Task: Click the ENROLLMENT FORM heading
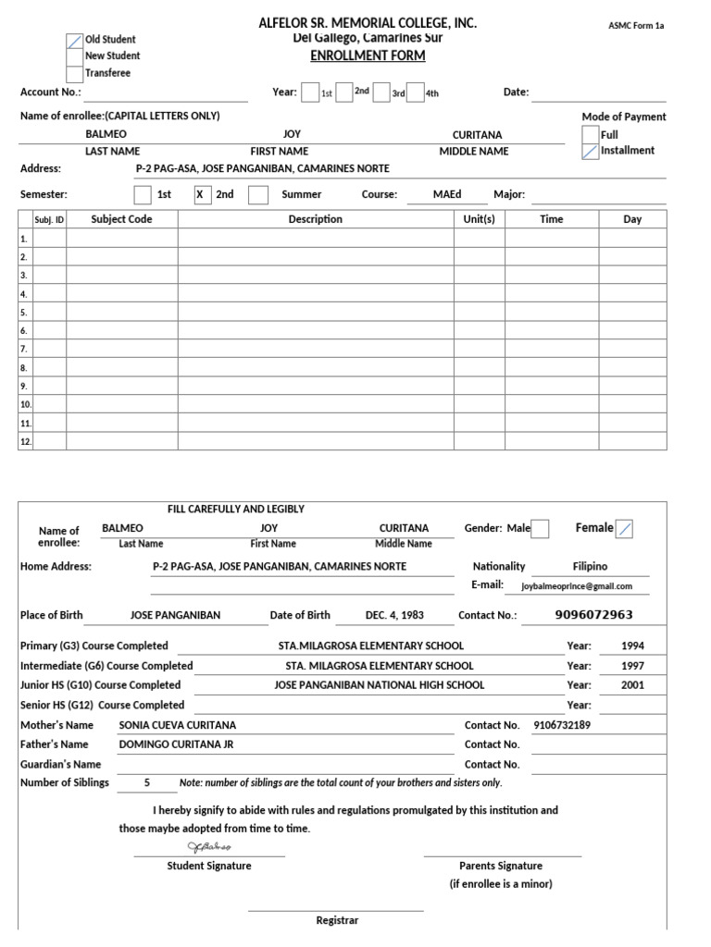point(368,55)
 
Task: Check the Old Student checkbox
point(75,41)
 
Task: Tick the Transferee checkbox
point(75,73)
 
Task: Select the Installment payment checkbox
point(590,151)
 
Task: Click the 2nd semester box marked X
point(203,195)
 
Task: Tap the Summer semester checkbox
point(259,195)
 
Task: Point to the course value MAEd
point(447,195)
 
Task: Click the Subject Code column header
point(121,220)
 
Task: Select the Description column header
point(315,220)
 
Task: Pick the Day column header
point(632,220)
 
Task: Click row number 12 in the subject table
point(26,442)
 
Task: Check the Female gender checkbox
point(625,529)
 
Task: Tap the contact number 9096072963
point(593,615)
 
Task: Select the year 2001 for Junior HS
point(632,686)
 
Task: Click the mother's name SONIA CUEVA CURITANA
point(178,726)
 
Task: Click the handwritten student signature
point(209,847)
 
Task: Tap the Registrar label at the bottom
point(337,921)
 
